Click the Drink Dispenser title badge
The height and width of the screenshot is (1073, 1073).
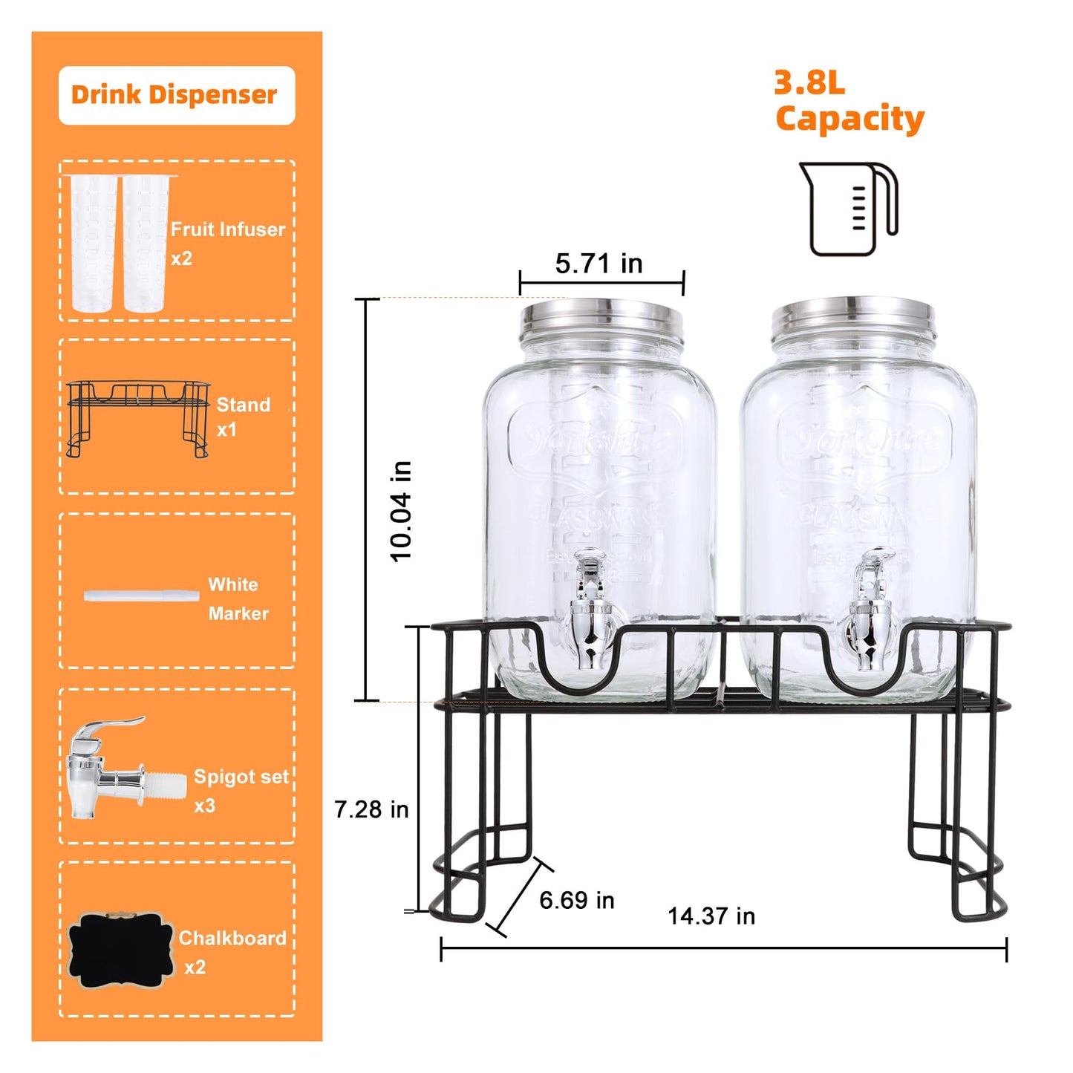(176, 95)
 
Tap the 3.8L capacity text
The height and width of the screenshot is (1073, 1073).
(848, 102)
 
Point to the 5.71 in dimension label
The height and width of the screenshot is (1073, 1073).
(599, 264)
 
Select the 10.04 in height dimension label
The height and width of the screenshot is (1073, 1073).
(401, 511)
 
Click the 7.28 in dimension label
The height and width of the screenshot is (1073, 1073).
(371, 809)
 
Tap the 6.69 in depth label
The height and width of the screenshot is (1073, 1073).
(576, 900)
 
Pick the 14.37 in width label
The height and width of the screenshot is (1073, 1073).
(711, 916)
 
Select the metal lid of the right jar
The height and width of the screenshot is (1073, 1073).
(852, 316)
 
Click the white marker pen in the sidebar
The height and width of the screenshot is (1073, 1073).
(141, 596)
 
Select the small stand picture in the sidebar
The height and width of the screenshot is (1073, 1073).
(138, 417)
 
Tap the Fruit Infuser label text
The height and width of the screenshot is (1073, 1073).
(227, 229)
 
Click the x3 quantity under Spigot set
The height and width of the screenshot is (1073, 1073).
(204, 806)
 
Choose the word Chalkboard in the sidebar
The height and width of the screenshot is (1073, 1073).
(232, 939)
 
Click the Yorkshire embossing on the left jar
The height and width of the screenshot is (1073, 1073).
(599, 442)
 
